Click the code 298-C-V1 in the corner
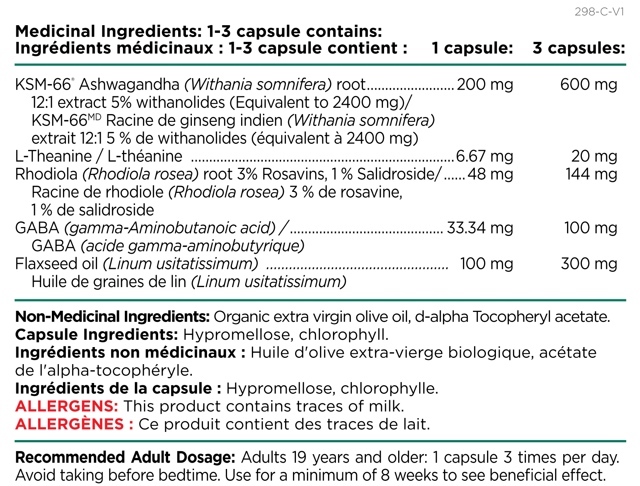599,12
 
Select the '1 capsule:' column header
473,48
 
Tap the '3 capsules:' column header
579,48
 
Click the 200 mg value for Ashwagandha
485,84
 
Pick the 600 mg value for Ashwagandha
589,84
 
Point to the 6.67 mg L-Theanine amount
485,156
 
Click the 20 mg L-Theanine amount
594,156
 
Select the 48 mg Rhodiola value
490,174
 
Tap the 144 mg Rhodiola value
591,174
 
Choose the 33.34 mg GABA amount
480,228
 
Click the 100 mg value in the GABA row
591,228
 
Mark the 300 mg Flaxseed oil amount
589,264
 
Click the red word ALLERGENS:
67,406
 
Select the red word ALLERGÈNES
70,424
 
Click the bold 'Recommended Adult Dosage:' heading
125,457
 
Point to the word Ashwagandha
129,85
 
